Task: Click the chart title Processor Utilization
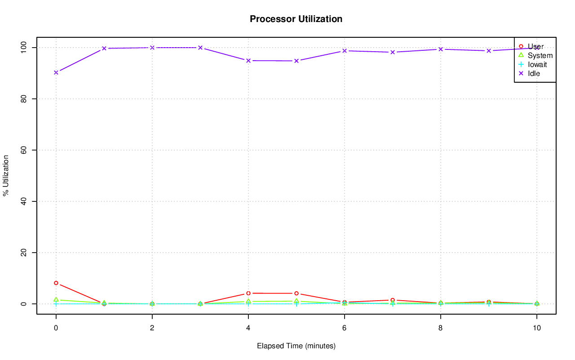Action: pos(296,19)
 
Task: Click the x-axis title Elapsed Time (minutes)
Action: pos(296,346)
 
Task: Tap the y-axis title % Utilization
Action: pos(6,175)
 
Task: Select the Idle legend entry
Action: pos(534,73)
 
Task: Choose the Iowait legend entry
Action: pos(537,64)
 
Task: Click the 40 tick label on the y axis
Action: pos(23,201)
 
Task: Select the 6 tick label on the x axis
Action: pos(345,328)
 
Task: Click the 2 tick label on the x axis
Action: pos(152,328)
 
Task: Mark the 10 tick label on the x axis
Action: pos(536,328)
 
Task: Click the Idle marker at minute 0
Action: pos(56,72)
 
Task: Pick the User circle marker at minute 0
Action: pos(56,283)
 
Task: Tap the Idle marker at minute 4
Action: pos(248,60)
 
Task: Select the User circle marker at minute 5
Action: pos(296,293)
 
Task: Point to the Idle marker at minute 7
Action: pos(393,52)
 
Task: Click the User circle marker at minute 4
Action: pos(248,293)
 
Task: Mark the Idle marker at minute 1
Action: pos(104,48)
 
